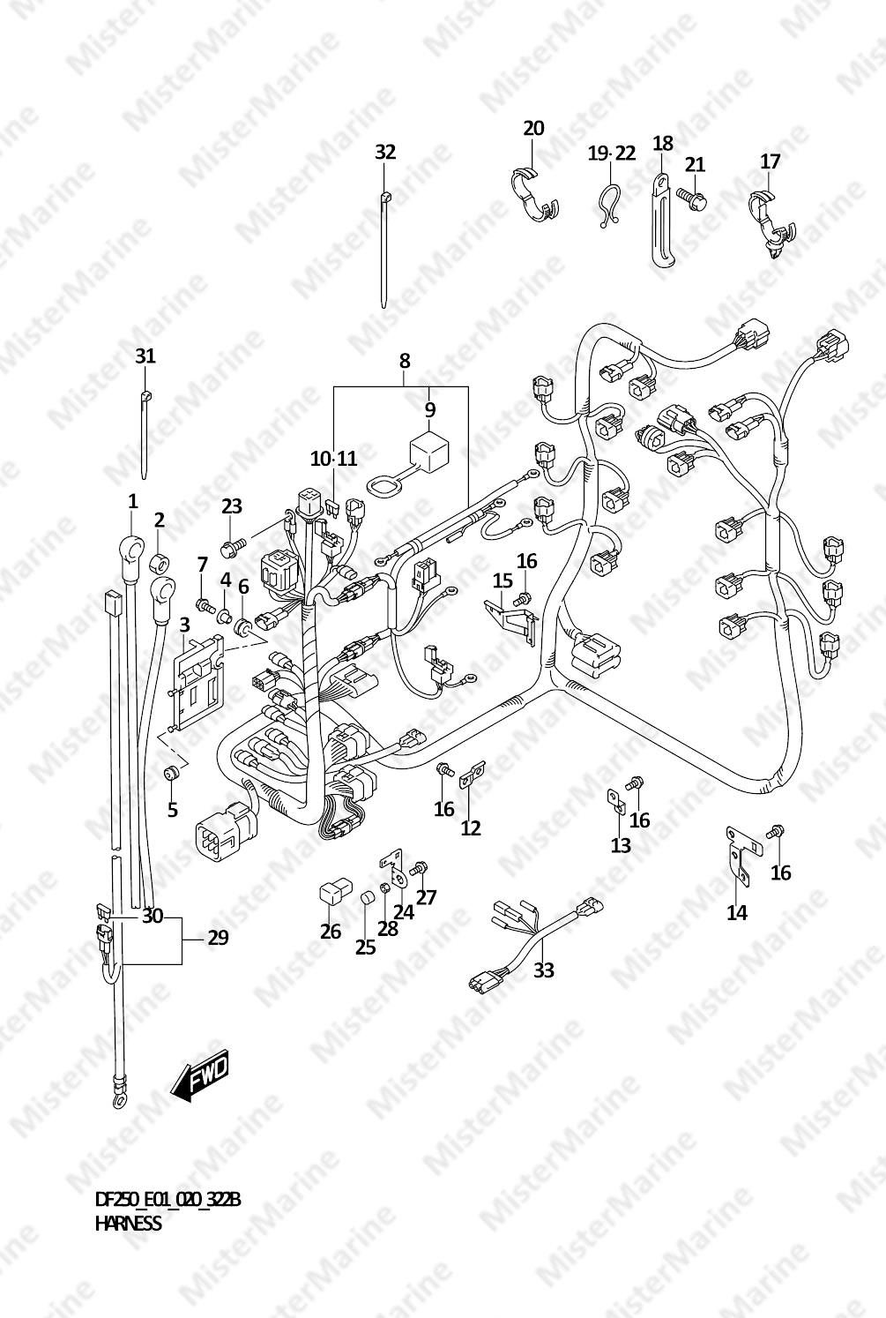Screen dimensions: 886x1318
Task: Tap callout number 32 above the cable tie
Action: (385, 153)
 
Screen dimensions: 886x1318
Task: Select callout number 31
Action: (145, 356)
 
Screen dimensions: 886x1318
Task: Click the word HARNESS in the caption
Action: (128, 1224)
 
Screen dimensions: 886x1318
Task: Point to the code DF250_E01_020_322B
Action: (168, 1199)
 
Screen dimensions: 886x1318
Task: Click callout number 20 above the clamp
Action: (533, 128)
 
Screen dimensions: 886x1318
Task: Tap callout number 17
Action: (771, 161)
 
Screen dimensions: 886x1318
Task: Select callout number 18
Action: (663, 143)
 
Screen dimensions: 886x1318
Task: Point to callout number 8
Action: (405, 361)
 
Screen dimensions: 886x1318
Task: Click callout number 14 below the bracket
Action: (737, 912)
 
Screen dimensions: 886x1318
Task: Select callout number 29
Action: (218, 938)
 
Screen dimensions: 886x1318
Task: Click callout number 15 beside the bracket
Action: (503, 580)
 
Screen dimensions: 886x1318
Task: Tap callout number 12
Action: (471, 827)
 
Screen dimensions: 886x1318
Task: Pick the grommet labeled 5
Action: (171, 773)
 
